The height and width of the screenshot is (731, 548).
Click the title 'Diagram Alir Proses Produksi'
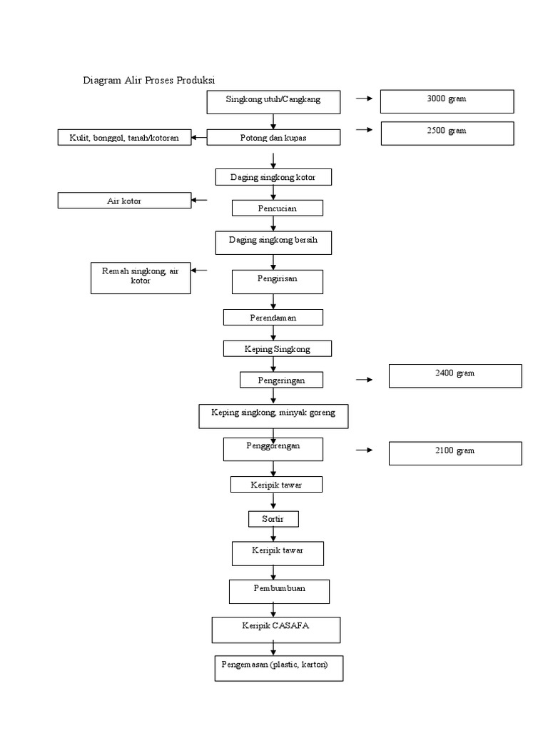pos(149,80)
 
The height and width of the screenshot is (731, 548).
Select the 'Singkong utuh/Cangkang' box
pos(273,101)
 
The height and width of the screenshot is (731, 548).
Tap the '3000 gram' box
pos(447,101)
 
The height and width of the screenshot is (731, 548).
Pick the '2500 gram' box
pos(447,133)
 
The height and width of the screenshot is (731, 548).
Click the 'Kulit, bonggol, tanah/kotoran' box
pos(124,138)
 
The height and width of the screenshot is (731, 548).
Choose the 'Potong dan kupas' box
pos(273,138)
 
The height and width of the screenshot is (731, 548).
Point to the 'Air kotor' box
pos(124,201)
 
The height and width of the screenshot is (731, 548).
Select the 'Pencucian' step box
pos(277,208)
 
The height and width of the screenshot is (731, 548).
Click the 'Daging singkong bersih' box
pos(273,243)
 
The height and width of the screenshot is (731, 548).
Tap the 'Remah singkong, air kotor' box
pos(141,278)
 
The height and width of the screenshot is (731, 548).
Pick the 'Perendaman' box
pos(273,317)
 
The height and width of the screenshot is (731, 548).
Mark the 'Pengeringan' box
pos(281,380)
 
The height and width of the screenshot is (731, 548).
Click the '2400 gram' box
pos(455,375)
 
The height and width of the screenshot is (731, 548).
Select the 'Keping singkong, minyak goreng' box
pos(273,415)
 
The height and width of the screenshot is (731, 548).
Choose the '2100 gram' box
pos(455,453)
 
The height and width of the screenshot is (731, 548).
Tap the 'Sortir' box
pos(273,519)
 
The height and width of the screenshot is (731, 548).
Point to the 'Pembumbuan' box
pos(279,591)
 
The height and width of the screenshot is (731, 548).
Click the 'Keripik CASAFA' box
pos(275,630)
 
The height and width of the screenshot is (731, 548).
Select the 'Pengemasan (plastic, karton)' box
pos(278,667)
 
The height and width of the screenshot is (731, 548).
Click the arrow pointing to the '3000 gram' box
pos(365,99)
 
